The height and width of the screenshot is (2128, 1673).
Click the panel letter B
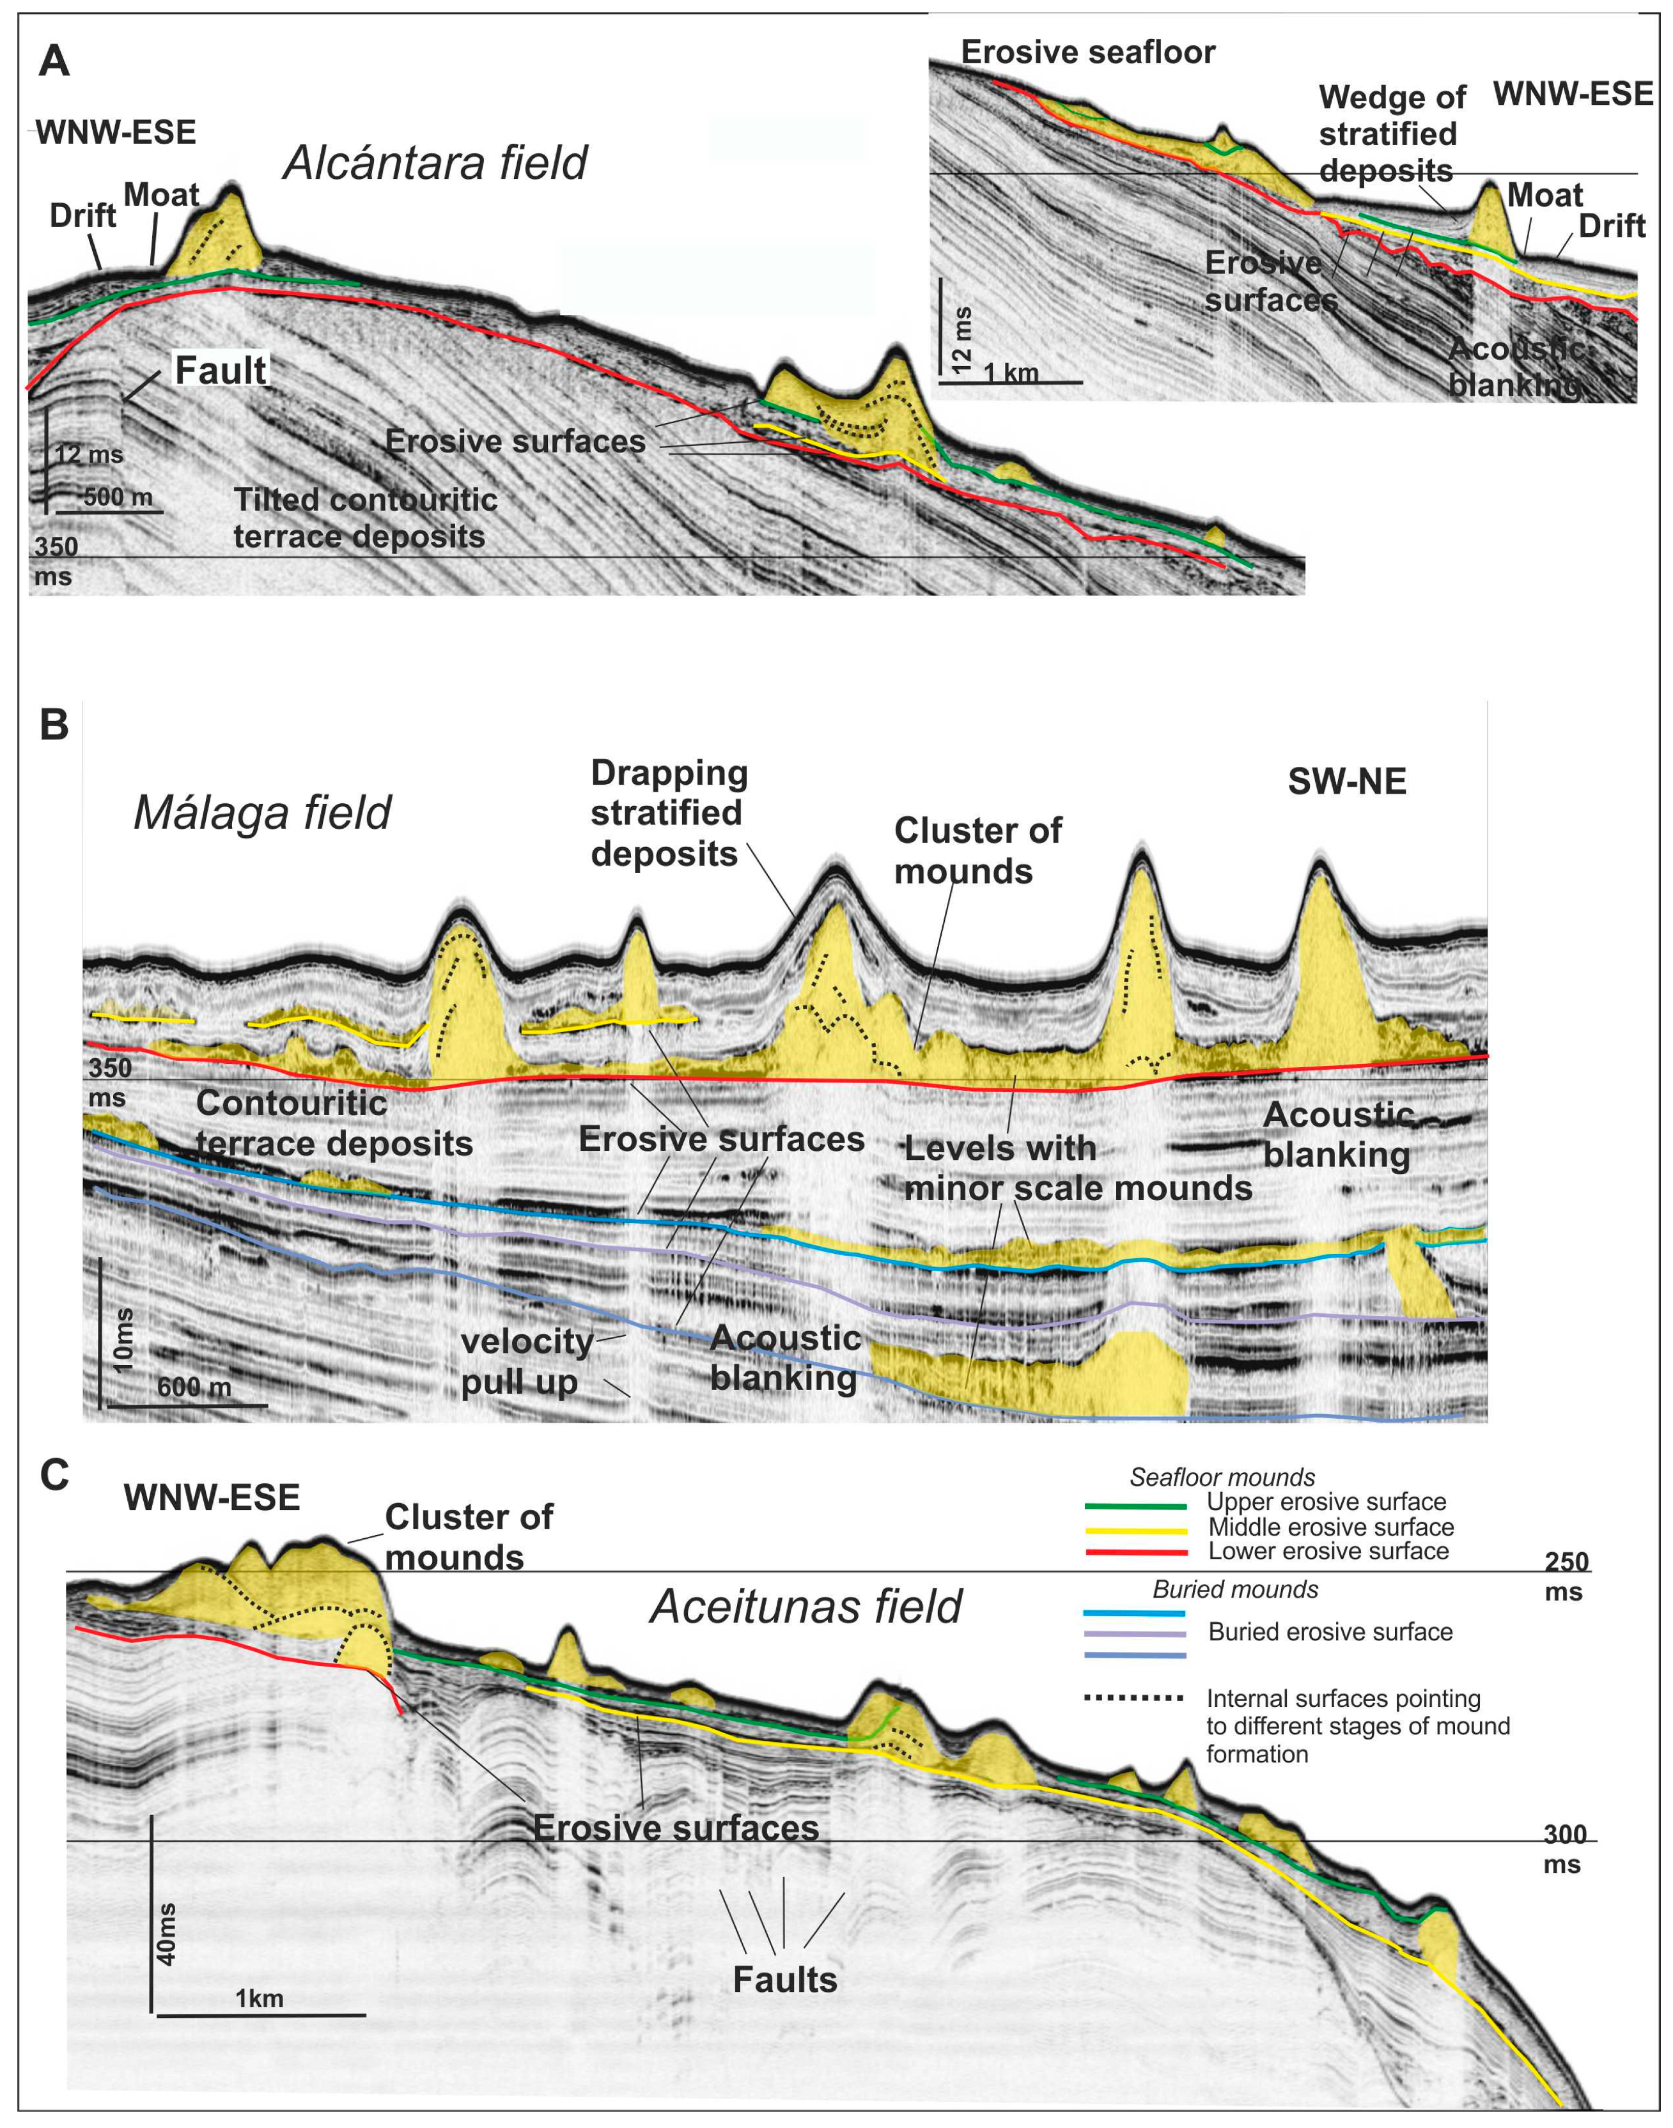click(54, 725)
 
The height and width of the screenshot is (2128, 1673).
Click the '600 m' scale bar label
click(194, 1387)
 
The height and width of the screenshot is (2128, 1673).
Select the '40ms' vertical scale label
click(166, 1934)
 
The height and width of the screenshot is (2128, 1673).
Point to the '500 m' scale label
click(118, 497)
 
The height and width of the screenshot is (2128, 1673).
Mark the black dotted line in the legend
click(1134, 1697)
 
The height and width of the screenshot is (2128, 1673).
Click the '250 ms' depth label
click(1565, 1577)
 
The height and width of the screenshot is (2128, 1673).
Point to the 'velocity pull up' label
click(527, 1361)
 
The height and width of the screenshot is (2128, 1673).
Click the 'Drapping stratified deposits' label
click(668, 813)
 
